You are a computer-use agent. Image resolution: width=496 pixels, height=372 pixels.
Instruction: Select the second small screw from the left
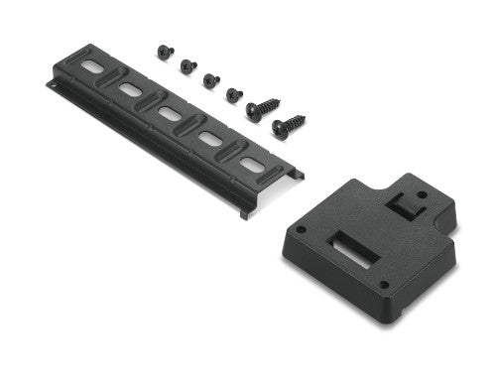187,64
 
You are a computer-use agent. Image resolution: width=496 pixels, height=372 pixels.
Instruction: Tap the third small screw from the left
211,79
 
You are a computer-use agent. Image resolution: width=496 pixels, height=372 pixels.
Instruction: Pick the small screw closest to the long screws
234,94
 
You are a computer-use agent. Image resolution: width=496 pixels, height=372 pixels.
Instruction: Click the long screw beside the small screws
263,107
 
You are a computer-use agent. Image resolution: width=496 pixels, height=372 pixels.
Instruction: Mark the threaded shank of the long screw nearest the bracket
297,121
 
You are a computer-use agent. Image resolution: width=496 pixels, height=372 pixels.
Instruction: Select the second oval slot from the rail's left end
130,91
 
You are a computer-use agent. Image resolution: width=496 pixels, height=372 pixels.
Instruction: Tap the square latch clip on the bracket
401,203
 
